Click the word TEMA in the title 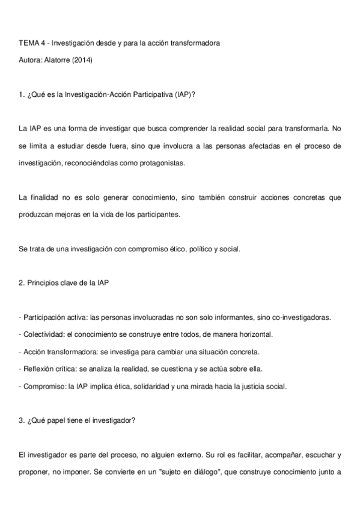pos(29,43)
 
